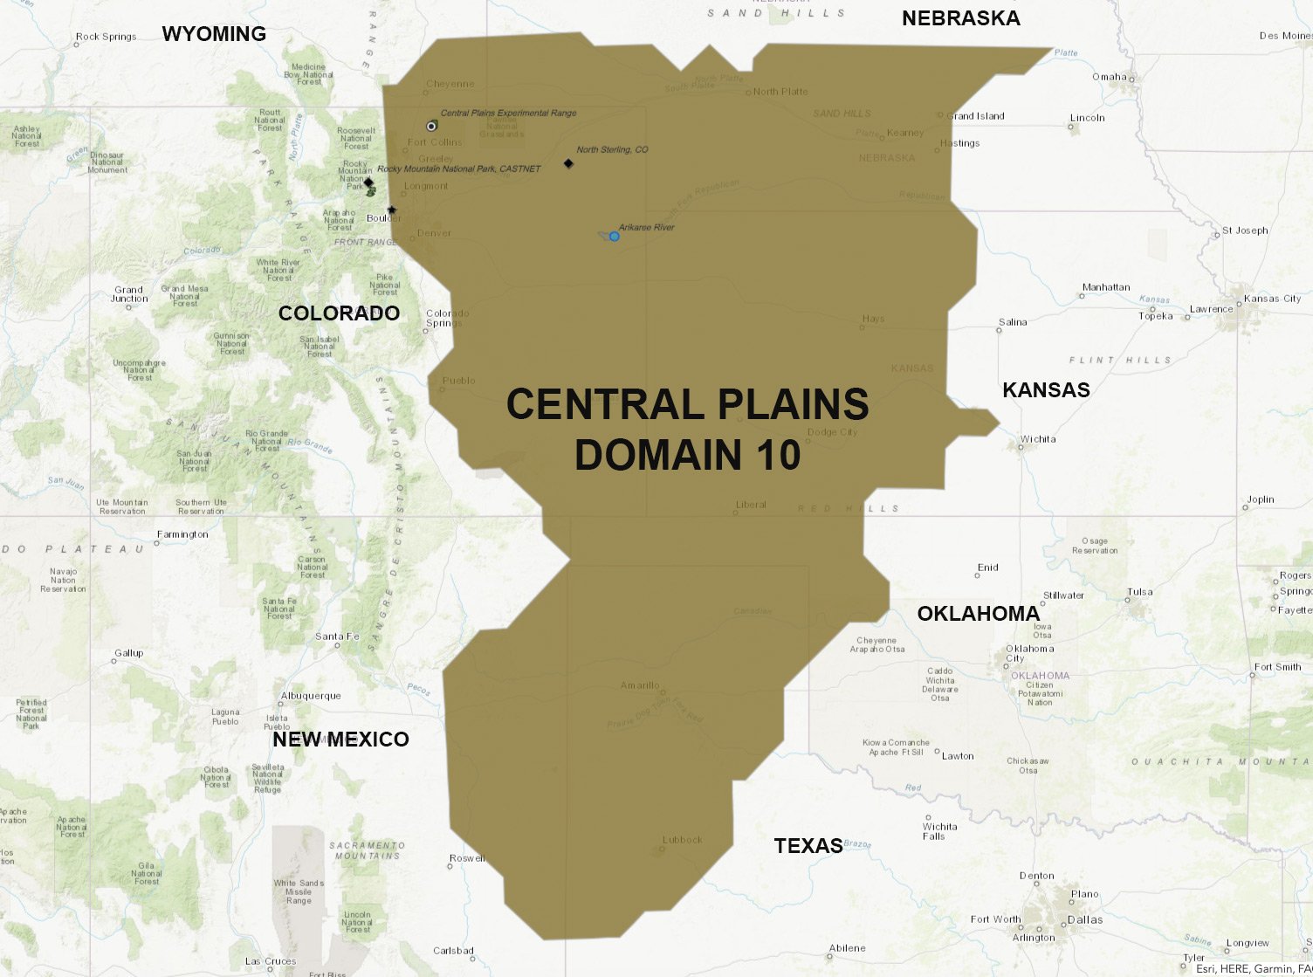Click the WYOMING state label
click(214, 34)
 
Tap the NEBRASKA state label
click(960, 18)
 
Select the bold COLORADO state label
click(339, 313)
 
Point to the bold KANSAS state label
click(1046, 390)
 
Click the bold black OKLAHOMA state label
click(978, 614)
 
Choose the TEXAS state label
click(808, 845)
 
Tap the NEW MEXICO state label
click(340, 740)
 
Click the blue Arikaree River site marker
click(615, 237)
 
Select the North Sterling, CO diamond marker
click(568, 163)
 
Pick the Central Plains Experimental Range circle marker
click(431, 127)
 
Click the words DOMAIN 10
click(688, 456)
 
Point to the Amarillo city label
click(640, 685)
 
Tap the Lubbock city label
click(683, 840)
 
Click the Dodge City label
click(832, 432)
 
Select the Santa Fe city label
click(337, 636)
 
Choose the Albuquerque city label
click(311, 696)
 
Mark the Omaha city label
click(1109, 77)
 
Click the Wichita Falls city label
click(939, 831)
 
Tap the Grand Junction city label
click(129, 294)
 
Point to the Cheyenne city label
click(450, 85)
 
